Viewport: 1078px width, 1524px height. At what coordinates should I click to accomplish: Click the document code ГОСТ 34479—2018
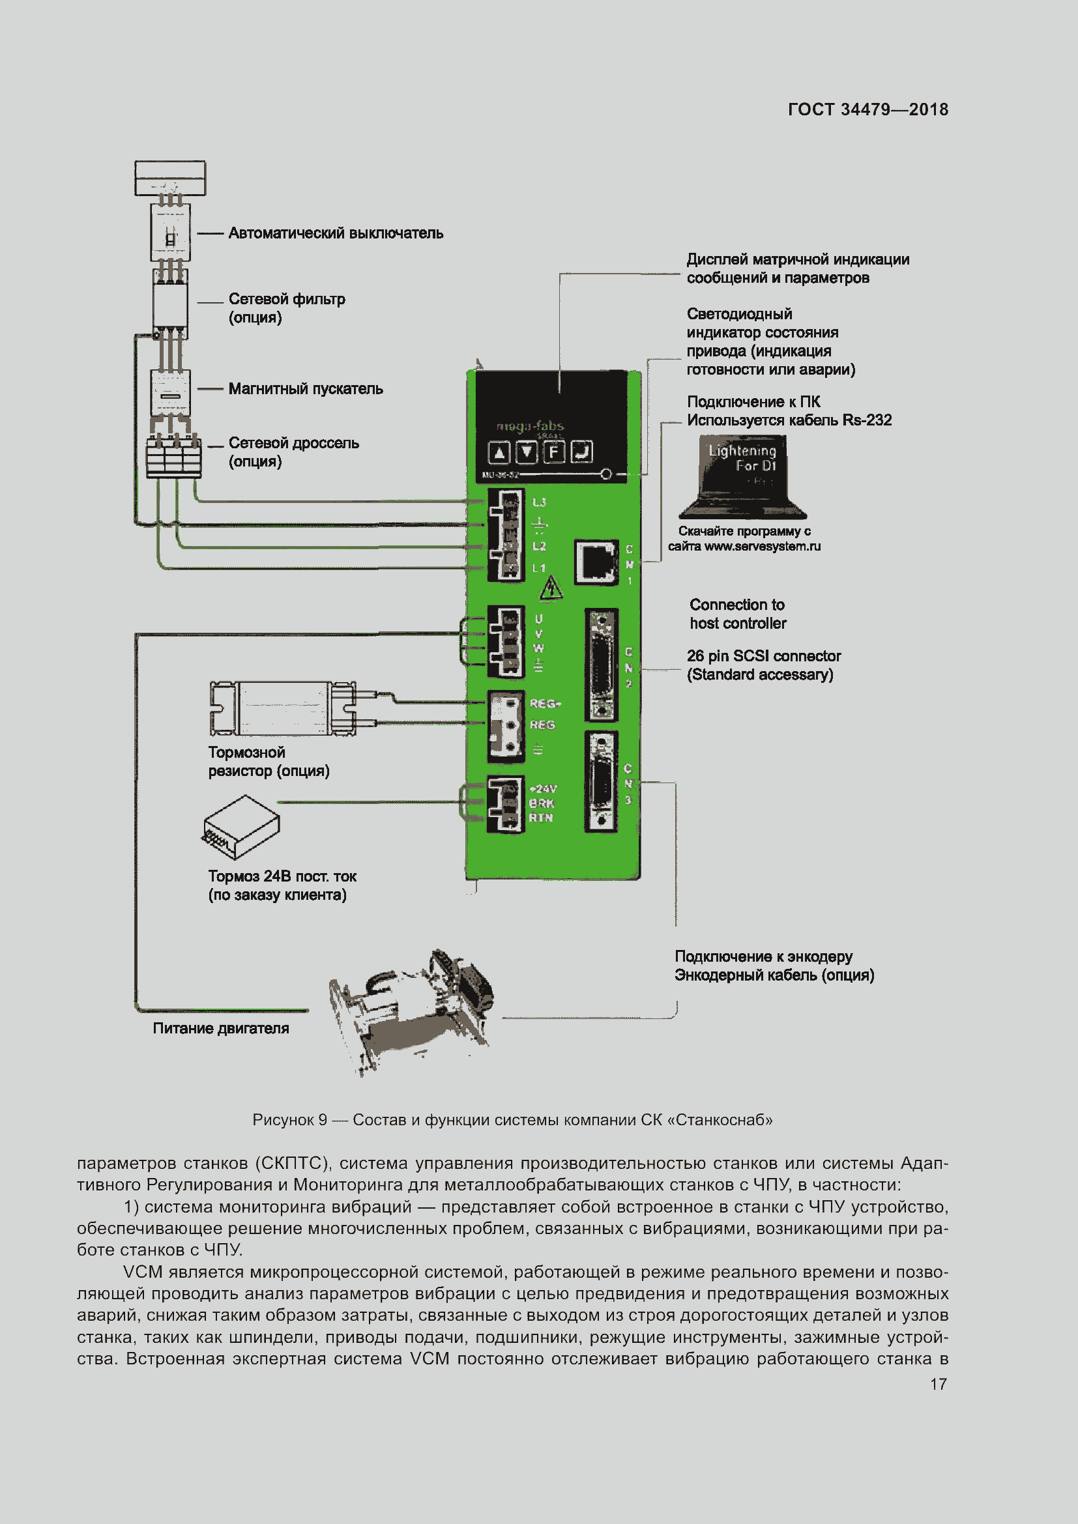[x=867, y=109]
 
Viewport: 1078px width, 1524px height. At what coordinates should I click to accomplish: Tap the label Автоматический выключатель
[x=335, y=234]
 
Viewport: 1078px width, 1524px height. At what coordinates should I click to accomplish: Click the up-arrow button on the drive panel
[x=499, y=453]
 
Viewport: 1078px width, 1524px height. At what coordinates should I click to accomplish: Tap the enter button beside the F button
[x=581, y=452]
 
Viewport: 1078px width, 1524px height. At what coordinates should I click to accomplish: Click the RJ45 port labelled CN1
[x=596, y=562]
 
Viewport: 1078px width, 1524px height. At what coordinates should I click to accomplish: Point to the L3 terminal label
[x=539, y=502]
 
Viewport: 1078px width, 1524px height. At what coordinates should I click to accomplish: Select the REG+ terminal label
[x=545, y=704]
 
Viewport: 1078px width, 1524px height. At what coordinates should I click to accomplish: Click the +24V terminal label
[x=543, y=788]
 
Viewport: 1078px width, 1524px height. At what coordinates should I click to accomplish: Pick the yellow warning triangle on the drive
[x=550, y=589]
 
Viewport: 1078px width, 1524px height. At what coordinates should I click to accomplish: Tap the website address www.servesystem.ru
[x=762, y=547]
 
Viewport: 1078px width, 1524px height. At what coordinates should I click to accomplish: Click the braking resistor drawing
[x=283, y=708]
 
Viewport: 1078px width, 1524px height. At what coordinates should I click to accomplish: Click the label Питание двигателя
[x=220, y=1029]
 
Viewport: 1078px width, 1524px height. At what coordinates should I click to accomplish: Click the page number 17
[x=937, y=1385]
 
